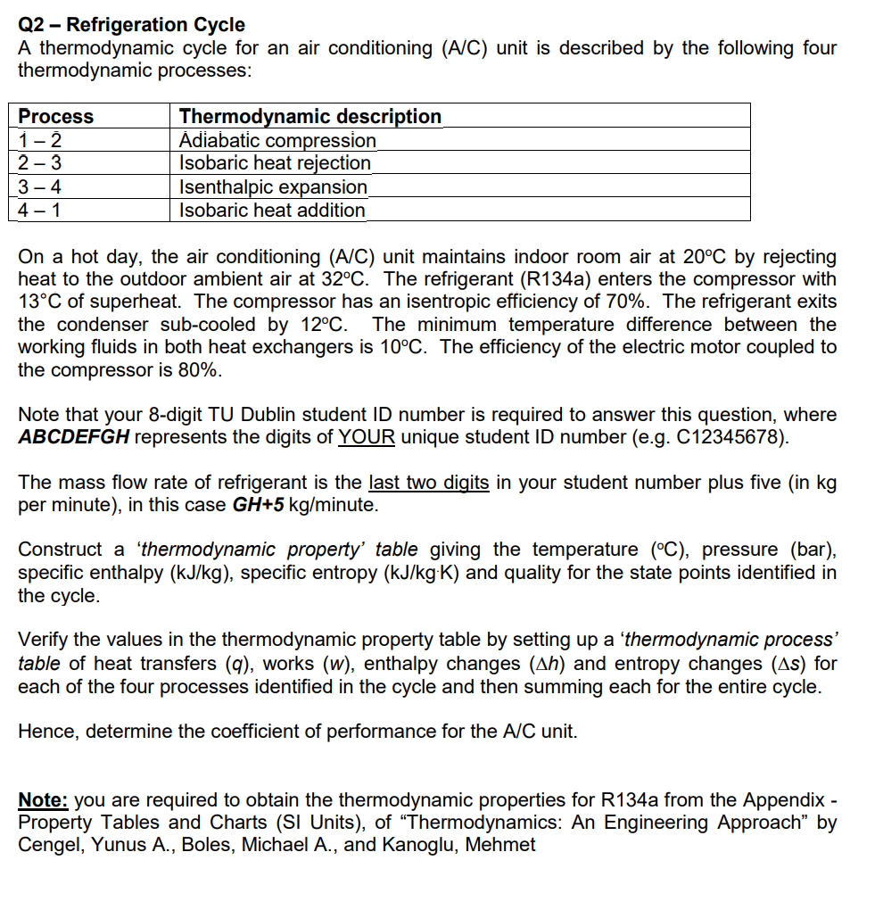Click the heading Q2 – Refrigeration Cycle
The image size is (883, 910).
pos(131,24)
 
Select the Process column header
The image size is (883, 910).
pos(56,116)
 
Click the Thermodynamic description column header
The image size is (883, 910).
pos(309,116)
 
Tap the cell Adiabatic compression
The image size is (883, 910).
pos(277,140)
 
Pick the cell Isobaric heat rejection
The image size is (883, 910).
pos(275,163)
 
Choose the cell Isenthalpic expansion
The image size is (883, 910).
pos(273,187)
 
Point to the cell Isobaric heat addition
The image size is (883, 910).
pos(272,211)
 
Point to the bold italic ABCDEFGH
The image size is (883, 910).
pos(74,437)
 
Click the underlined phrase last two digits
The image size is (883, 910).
pos(428,483)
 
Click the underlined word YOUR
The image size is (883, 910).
pos(367,437)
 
